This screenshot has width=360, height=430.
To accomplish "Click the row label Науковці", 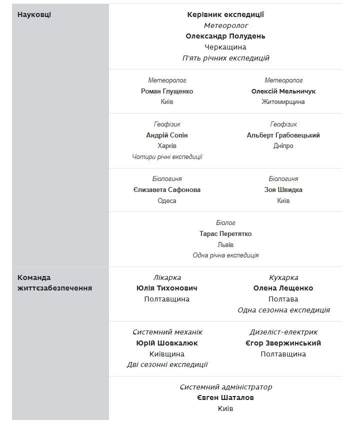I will (x=34, y=14).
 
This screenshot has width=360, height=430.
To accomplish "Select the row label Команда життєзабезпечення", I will (x=54, y=282).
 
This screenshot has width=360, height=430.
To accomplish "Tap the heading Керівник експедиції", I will (x=225, y=14).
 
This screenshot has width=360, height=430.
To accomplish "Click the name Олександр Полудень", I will (x=225, y=36).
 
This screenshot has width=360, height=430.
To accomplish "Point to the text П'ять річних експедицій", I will (x=225, y=58).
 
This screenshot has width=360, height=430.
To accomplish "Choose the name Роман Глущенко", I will (x=167, y=91).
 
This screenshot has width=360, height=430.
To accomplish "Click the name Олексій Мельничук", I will (x=283, y=91).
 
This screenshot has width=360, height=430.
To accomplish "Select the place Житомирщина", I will (x=283, y=102).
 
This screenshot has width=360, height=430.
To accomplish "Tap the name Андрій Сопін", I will (x=167, y=135).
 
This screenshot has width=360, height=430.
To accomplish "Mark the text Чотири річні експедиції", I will (x=167, y=156).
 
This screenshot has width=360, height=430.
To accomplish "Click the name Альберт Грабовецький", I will (x=283, y=135).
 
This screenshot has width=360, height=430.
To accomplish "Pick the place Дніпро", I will (x=283, y=146).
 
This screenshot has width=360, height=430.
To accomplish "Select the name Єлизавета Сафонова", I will (x=167, y=189).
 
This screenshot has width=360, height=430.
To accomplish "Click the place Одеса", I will (x=167, y=200).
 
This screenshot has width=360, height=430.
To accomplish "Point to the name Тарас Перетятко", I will (x=225, y=233).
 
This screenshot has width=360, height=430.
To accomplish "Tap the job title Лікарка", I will (x=167, y=277).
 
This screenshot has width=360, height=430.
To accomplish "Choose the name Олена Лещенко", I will (x=283, y=288).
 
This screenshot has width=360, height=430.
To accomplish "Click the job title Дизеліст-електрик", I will (x=283, y=332).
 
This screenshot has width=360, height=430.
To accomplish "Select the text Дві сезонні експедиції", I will (x=167, y=364).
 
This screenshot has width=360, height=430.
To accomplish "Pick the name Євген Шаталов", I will (x=225, y=397).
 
